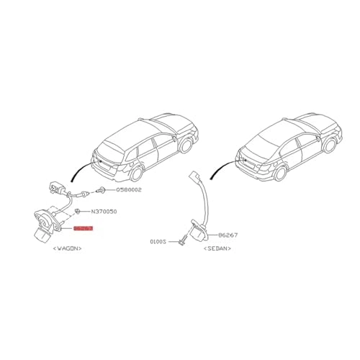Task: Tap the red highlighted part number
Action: point(83,228)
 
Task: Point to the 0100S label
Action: point(158,243)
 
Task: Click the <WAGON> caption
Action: point(66,248)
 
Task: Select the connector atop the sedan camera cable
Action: point(192,176)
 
